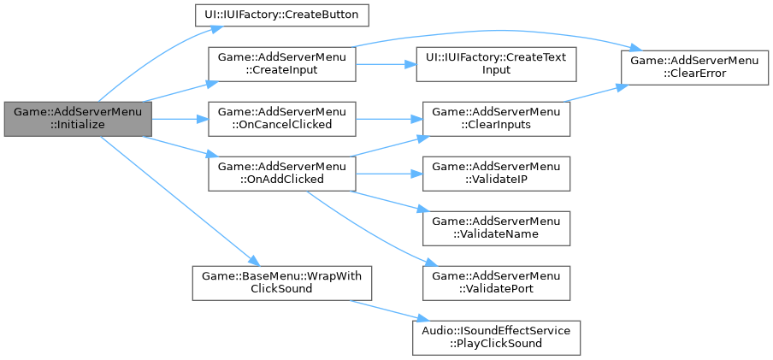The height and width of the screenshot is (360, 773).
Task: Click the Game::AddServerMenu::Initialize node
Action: (77, 118)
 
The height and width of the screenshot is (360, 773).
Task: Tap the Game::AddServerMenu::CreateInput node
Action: (282, 64)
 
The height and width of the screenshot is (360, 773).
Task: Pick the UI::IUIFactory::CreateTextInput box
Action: (496, 64)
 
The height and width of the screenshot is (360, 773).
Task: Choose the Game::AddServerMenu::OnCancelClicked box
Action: (282, 118)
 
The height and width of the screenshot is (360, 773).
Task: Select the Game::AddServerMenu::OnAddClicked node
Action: (282, 172)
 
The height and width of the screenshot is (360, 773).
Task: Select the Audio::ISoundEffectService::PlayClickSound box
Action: (496, 337)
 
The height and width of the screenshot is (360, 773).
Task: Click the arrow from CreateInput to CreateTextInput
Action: (385, 64)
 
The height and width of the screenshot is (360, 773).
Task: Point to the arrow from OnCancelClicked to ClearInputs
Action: (385, 118)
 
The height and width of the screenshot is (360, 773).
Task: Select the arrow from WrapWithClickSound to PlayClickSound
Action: (385, 309)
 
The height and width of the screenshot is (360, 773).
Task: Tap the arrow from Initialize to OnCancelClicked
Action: (180, 118)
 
